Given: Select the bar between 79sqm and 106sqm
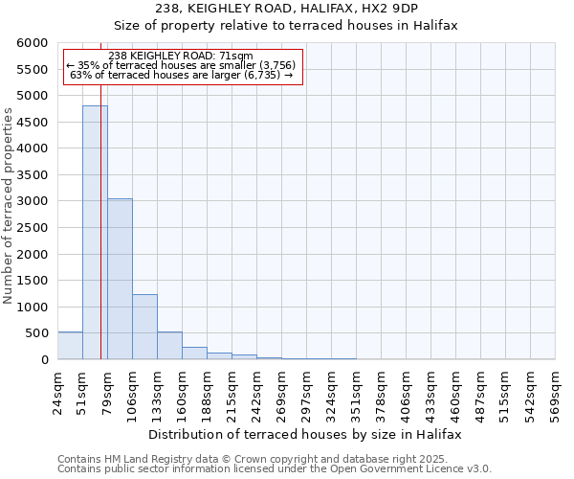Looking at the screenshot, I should [120, 279].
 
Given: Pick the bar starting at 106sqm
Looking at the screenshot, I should [144, 327].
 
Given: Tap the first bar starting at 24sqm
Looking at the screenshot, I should [70, 346].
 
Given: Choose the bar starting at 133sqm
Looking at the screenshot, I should [169, 346].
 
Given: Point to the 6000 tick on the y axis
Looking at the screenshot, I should [34, 43].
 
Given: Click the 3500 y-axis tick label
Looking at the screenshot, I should [34, 175].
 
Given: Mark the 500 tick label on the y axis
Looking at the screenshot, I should [38, 333].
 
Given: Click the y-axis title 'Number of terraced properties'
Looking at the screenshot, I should [9, 206].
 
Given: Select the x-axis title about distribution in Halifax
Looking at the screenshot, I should [305, 434].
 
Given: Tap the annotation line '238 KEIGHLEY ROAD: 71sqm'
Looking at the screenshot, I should [181, 56].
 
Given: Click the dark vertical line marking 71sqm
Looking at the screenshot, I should [100, 239].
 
